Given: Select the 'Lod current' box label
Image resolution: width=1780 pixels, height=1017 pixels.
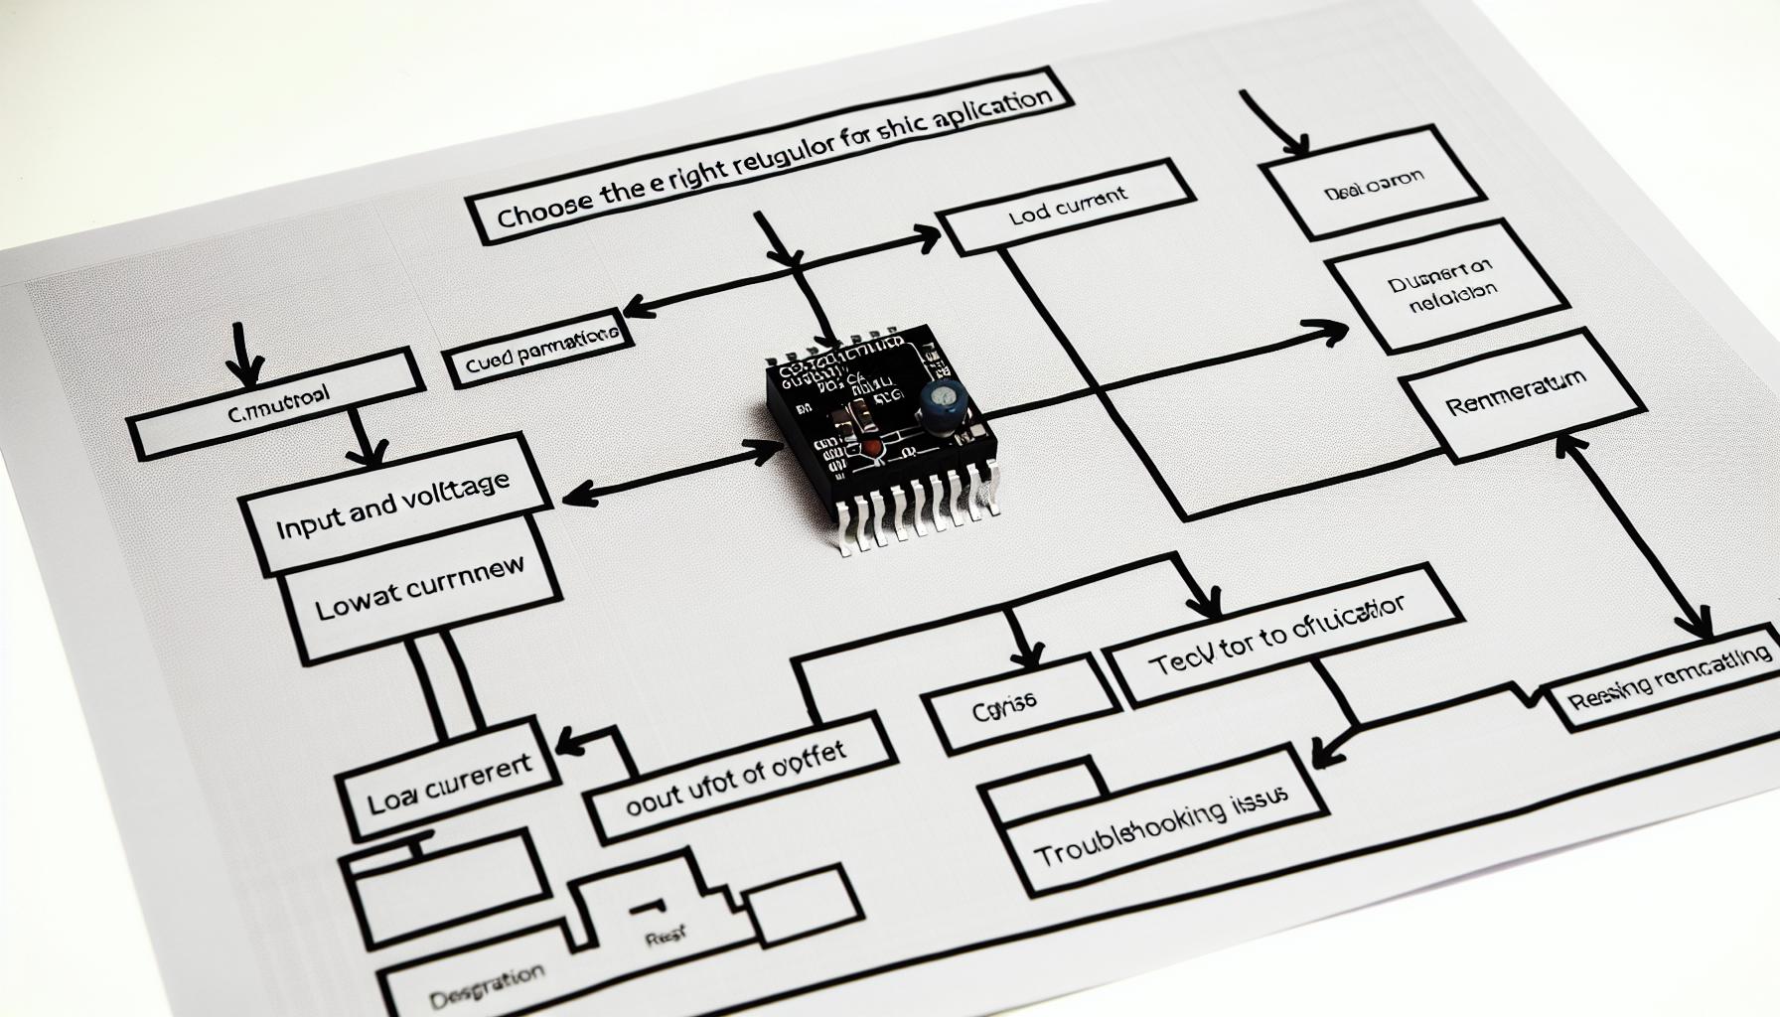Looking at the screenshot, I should pyautogui.click(x=1068, y=198).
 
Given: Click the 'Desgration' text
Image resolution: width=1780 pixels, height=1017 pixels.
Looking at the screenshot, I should pyautogui.click(x=487, y=979).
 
